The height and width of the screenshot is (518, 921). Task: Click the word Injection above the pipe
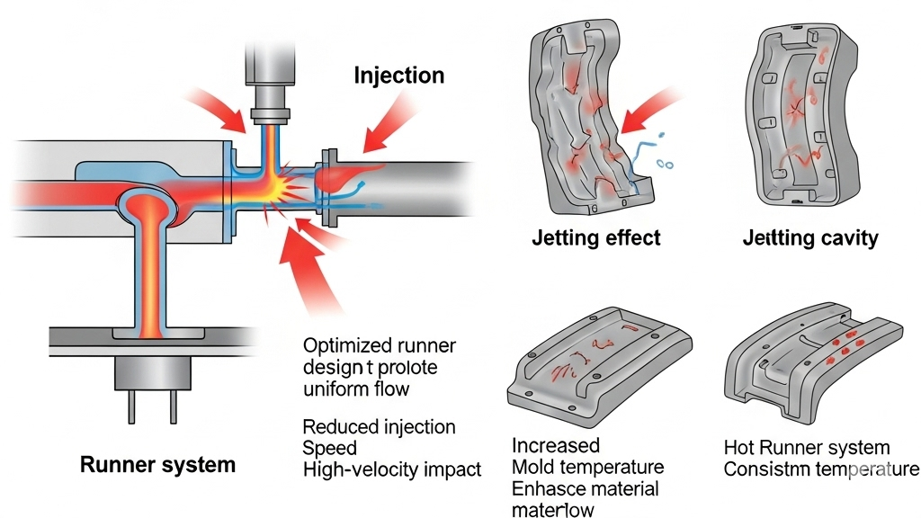399,75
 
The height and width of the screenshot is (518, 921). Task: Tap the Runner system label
157,465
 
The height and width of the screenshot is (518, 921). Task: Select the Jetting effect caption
596,238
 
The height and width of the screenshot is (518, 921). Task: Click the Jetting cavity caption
810,238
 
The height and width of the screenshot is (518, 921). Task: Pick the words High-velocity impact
392,469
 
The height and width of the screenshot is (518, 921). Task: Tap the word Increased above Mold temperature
555,446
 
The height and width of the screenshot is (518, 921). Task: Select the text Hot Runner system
806,447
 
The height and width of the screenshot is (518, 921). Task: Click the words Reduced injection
379,426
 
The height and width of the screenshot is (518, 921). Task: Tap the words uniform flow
355,389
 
